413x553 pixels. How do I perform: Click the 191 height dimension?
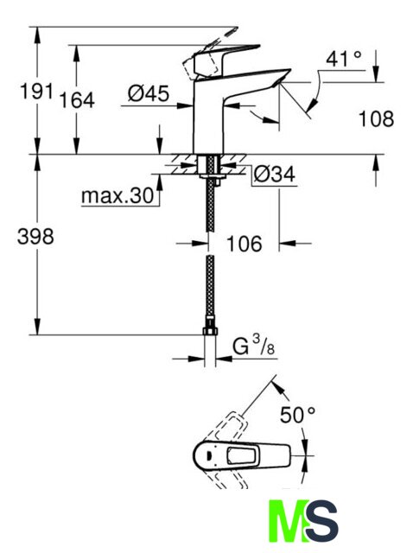(36, 92)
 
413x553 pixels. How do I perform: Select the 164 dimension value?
(77, 100)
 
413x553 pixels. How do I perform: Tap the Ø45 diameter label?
(149, 93)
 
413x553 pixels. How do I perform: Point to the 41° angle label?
(344, 59)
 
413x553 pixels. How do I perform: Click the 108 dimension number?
(377, 118)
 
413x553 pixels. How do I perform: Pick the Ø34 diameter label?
(275, 174)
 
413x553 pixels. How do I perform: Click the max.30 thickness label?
(118, 196)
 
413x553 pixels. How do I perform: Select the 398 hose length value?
(35, 236)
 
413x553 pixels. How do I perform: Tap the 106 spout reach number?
(245, 244)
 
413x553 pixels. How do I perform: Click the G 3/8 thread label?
(253, 346)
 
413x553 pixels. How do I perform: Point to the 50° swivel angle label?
(298, 415)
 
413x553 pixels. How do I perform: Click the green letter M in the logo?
(286, 521)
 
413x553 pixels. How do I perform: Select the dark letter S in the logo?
(321, 521)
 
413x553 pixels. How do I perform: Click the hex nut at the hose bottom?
(210, 331)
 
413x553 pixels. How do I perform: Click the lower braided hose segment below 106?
(210, 286)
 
